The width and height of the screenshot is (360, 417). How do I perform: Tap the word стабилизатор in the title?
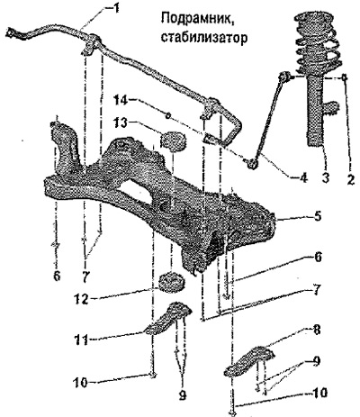tap(204, 38)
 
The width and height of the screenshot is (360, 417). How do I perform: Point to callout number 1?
tap(114, 8)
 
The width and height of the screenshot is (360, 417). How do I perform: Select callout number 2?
tap(349, 178)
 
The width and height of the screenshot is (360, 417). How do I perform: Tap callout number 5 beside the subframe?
tap(317, 216)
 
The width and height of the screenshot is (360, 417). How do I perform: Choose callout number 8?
tap(316, 330)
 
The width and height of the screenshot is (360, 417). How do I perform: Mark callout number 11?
tap(82, 340)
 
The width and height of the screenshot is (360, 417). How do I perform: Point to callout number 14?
tap(122, 98)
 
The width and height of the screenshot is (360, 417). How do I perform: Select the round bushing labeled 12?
tap(172, 283)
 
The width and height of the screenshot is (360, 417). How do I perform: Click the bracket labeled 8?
tap(249, 361)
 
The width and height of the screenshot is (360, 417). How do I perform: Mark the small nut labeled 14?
tap(168, 114)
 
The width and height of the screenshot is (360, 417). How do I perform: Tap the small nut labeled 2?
tap(345, 77)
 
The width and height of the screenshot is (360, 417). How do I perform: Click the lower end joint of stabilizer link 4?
tap(252, 164)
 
